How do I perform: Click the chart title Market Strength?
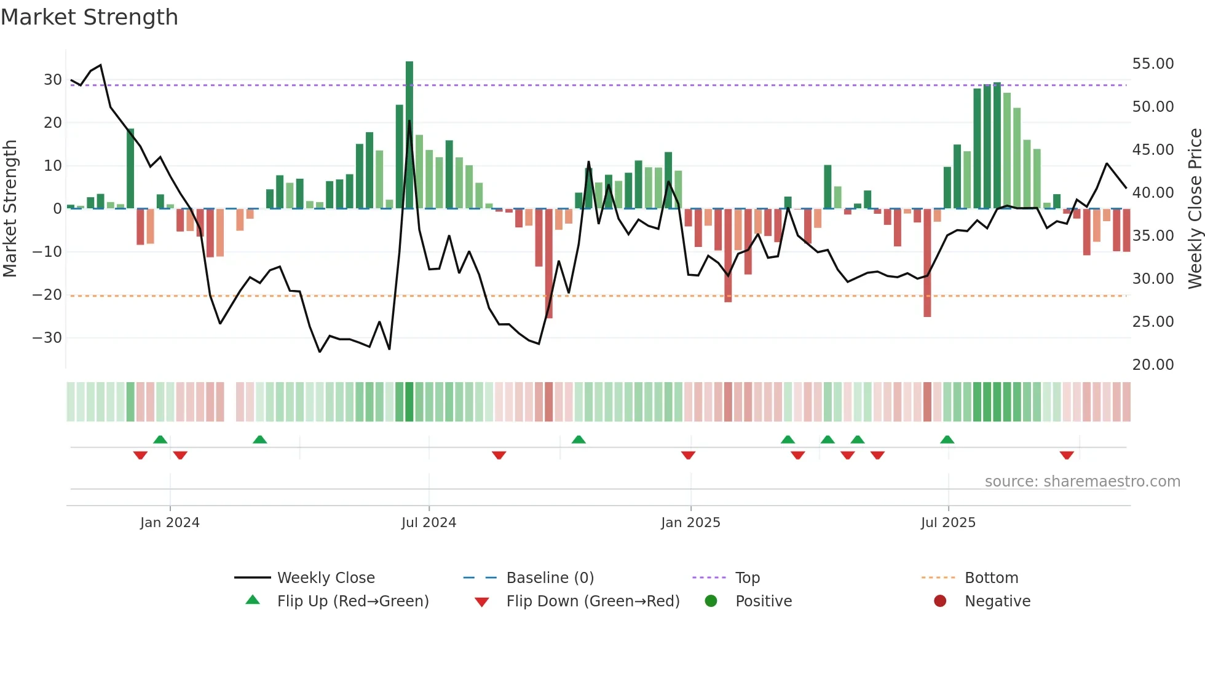tap(89, 17)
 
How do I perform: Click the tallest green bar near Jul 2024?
tap(409, 135)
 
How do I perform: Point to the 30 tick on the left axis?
tap(53, 80)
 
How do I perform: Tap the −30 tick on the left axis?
tap(47, 338)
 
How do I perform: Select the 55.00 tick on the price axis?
tap(1153, 64)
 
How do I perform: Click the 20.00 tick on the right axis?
tap(1153, 365)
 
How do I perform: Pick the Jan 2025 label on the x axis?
tap(690, 523)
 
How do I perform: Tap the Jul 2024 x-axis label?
tap(429, 523)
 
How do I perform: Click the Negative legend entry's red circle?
tap(940, 601)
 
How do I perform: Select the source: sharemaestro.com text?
tap(1082, 482)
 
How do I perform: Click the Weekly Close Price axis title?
tap(1195, 209)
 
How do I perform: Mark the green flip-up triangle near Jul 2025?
tap(947, 439)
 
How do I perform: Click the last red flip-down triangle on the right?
tap(1067, 455)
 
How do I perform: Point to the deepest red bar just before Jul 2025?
tap(927, 263)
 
